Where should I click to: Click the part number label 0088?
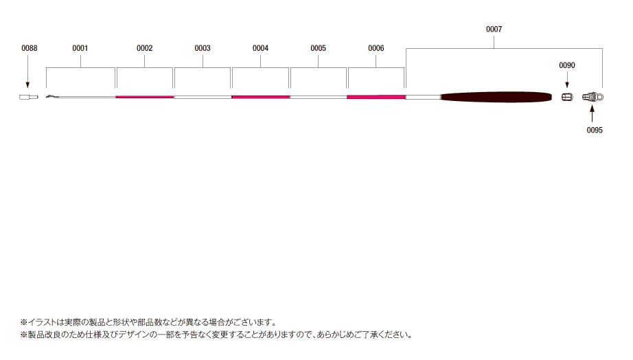pyautogui.click(x=29, y=49)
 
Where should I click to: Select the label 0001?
pyautogui.click(x=80, y=49)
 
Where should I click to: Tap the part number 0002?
pyautogui.click(x=145, y=49)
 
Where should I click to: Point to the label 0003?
pyautogui.click(x=203, y=49)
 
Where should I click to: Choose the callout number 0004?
pyautogui.click(x=260, y=49)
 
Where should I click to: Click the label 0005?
pyautogui.click(x=318, y=49)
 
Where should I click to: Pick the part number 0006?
pyautogui.click(x=376, y=49)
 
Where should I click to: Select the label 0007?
pyautogui.click(x=494, y=30)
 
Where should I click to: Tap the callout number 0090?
pyautogui.click(x=567, y=65)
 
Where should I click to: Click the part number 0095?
pyautogui.click(x=595, y=131)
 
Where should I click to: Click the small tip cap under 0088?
pyautogui.click(x=29, y=97)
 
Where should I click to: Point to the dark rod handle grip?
pyautogui.click(x=496, y=98)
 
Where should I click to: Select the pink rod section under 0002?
pyautogui.click(x=145, y=97)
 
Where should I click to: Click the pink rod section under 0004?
pyautogui.click(x=260, y=97)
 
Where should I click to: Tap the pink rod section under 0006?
pyautogui.click(x=376, y=97)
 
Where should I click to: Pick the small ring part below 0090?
pyautogui.click(x=567, y=97)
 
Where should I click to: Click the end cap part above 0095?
pyautogui.click(x=592, y=97)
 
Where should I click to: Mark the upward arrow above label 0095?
pyautogui.click(x=592, y=113)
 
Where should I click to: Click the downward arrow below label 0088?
pyautogui.click(x=27, y=72)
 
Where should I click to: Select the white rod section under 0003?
pyautogui.click(x=203, y=97)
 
